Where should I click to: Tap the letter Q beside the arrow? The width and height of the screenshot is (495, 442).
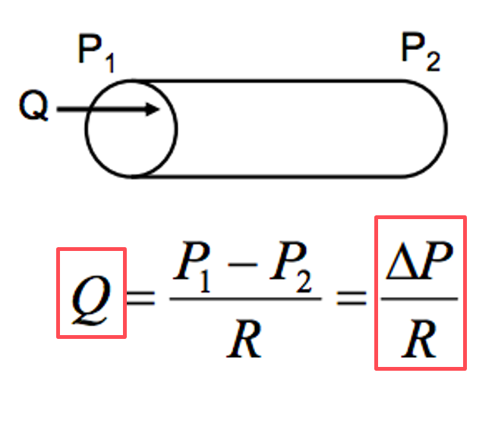point(33,110)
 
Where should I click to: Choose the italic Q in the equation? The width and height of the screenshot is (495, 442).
point(90,294)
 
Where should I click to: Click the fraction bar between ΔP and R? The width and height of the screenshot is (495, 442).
point(420,297)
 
